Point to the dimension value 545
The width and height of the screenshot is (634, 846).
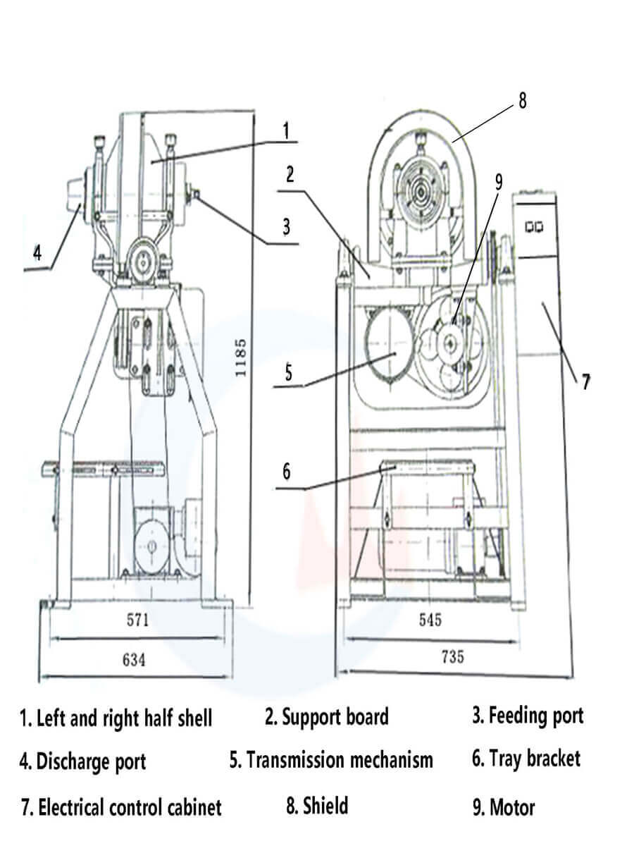click(430, 620)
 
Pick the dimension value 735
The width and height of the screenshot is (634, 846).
click(452, 656)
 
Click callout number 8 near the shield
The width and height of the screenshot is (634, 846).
click(522, 100)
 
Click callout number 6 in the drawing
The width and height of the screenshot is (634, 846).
click(286, 471)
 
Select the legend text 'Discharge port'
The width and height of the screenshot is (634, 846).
click(91, 761)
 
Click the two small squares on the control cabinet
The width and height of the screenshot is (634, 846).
click(533, 227)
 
